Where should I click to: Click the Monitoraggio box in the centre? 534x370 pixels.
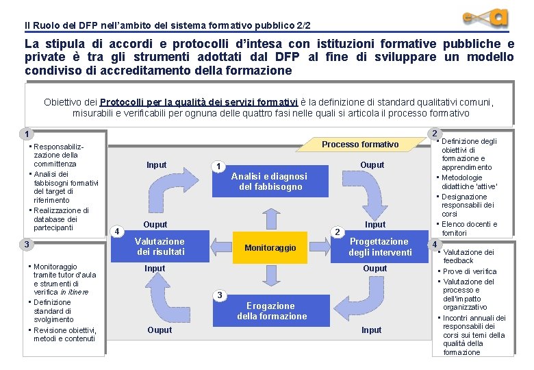[x=270, y=247]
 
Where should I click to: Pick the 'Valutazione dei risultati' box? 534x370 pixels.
[x=160, y=247]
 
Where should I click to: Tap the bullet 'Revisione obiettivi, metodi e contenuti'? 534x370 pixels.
[x=64, y=334]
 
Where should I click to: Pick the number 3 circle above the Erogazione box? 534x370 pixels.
[x=219, y=295]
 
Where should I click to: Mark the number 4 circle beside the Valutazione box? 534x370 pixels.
[x=118, y=231]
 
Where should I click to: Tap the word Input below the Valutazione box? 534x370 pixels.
[x=155, y=269]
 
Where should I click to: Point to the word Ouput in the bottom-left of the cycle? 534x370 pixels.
[x=159, y=330]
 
